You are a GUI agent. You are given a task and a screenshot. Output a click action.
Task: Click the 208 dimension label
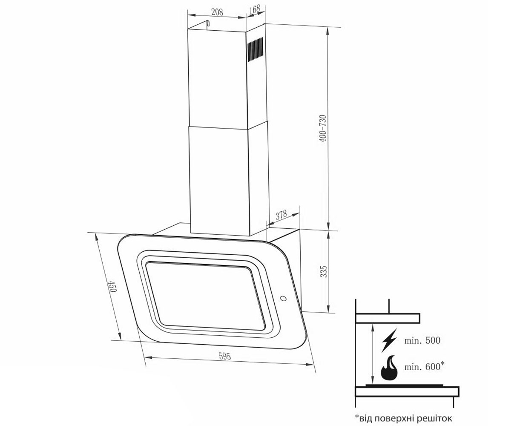[x=217, y=12]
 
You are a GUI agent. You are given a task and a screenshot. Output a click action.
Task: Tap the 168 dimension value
[x=255, y=10]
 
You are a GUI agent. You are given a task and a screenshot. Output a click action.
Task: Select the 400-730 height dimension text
[x=323, y=128]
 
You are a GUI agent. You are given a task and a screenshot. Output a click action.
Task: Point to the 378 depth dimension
[x=281, y=215]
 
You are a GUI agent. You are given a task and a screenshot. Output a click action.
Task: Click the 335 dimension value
[x=324, y=271]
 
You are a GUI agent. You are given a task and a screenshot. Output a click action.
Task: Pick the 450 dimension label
[x=112, y=286]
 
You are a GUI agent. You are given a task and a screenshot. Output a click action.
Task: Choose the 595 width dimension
[x=225, y=356]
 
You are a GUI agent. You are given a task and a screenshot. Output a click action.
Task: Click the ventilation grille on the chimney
[x=255, y=49]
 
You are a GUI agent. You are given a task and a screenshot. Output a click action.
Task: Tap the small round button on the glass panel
[x=283, y=299]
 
